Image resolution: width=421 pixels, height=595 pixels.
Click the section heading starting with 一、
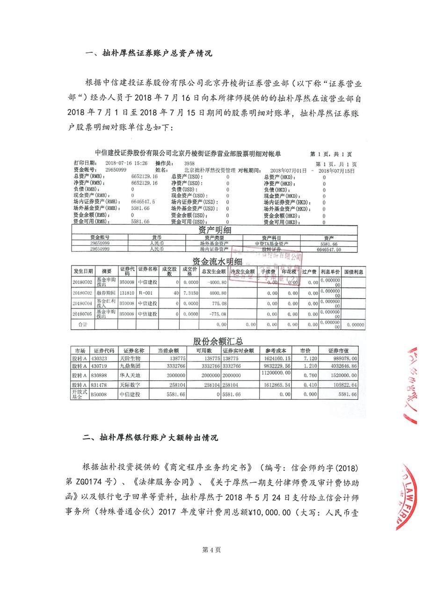(x=149, y=53)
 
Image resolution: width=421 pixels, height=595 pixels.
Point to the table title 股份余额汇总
(x=218, y=341)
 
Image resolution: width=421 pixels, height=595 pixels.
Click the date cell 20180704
(x=83, y=303)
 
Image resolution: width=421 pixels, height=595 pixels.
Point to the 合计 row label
(x=83, y=324)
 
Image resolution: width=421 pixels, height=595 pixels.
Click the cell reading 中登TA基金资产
(x=271, y=244)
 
